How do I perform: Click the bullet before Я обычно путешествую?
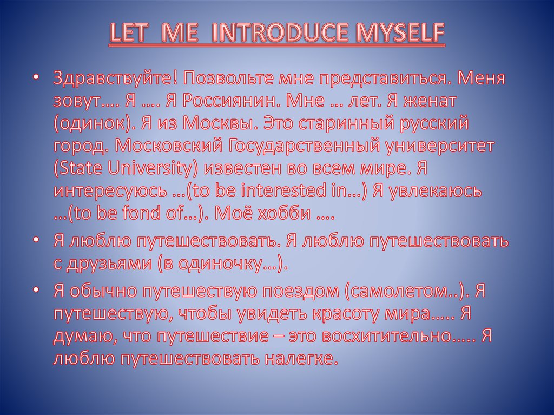36,291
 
